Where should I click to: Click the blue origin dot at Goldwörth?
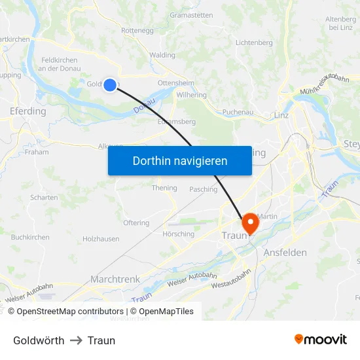tap(110, 84)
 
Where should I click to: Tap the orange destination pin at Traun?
tap(250, 224)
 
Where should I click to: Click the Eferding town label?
tap(28, 111)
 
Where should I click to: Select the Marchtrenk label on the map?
tap(115, 279)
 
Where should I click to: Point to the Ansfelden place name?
tap(285, 253)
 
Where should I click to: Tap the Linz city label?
tap(281, 115)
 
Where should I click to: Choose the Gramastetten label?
tap(190, 15)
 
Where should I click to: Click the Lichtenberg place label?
tap(254, 43)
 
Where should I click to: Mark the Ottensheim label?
tap(175, 83)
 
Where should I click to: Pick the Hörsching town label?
tap(177, 234)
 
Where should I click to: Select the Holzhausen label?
tap(101, 239)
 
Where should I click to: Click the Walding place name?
tap(162, 56)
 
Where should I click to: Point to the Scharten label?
tap(44, 197)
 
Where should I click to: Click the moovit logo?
tap(320, 339)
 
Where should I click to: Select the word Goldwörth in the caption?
tap(39, 340)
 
